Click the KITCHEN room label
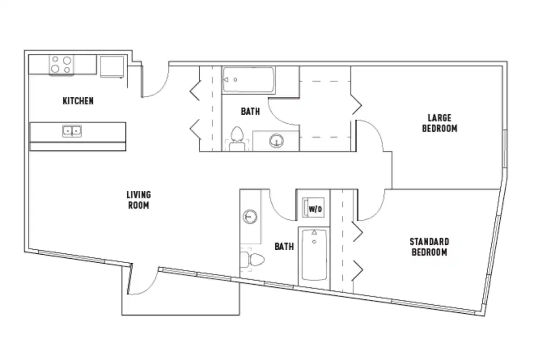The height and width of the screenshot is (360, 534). coord(78,101)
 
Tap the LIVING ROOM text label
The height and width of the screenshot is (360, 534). coord(138,200)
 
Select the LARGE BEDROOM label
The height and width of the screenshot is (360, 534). coord(439,123)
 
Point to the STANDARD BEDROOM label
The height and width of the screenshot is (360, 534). coord(429,247)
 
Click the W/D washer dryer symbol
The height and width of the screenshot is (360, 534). coord(314,208)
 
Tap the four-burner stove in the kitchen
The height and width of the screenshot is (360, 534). coord(61,64)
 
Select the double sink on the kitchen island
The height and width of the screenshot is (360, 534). coord(72,131)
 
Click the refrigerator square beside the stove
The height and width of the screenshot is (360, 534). coord(112,66)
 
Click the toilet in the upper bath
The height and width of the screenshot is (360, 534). coord(237,138)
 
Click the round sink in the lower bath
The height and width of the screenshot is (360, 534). coord(250,217)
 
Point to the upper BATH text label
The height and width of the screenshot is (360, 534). coord(250,111)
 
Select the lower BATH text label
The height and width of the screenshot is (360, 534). coord(284,247)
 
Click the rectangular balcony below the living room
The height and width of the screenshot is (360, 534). coord(180,297)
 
